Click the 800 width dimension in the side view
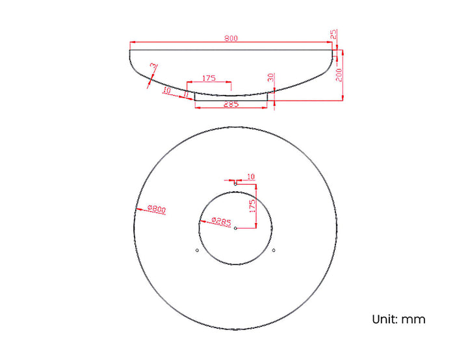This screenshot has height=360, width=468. pos(231,38)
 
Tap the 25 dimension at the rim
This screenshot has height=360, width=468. pos(334,34)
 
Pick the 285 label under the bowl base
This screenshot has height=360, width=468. pos(231,104)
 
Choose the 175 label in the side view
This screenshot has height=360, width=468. pos(209,78)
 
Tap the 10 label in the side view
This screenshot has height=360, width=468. pos(167,90)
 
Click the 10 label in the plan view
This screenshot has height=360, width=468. pos(251,176)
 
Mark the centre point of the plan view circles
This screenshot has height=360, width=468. pos(235,227)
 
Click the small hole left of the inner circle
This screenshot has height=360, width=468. pos(197,250)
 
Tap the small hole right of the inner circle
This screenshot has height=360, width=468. pos(274,250)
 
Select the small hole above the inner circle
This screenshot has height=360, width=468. pos(235,183)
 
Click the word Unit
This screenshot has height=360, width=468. pos(384,319)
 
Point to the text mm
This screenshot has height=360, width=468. pos(413,319)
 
